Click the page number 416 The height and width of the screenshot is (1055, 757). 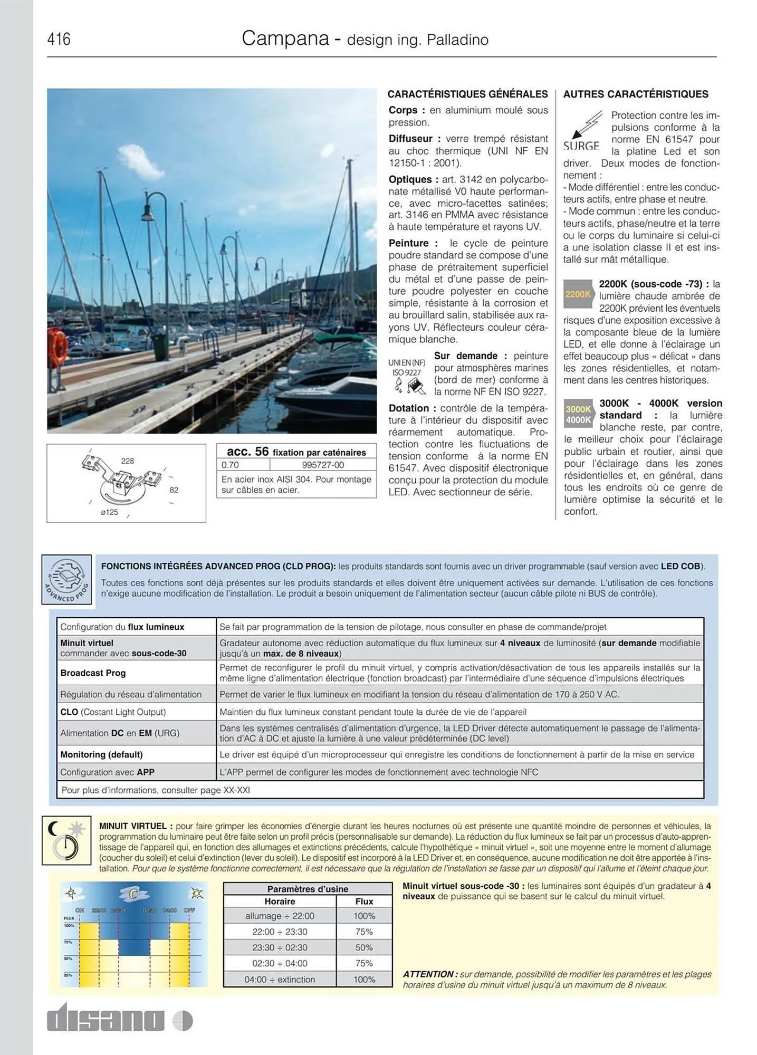pyautogui.click(x=59, y=39)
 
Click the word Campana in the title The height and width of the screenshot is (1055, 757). pyautogui.click(x=285, y=39)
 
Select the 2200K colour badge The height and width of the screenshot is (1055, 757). pyautogui.click(x=578, y=294)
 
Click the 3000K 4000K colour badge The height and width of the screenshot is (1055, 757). pyautogui.click(x=578, y=415)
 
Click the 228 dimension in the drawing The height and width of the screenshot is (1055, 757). pyautogui.click(x=127, y=461)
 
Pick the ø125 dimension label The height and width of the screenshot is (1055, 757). pyautogui.click(x=110, y=512)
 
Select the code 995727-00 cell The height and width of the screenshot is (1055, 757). pyautogui.click(x=323, y=465)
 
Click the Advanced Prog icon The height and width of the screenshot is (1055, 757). pyautogui.click(x=66, y=579)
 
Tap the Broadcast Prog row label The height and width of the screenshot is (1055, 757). pyautogui.click(x=93, y=673)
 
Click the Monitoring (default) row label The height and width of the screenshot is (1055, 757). pyautogui.click(x=101, y=754)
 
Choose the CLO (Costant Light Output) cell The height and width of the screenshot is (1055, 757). pyautogui.click(x=113, y=712)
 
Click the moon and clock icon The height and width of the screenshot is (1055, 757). pyautogui.click(x=66, y=841)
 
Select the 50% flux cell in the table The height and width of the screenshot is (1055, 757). pyautogui.click(x=364, y=947)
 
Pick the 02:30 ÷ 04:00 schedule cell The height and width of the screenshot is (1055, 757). pyautogui.click(x=280, y=963)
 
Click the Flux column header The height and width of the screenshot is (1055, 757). pyautogui.click(x=364, y=901)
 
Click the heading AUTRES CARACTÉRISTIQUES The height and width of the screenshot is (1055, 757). pyautogui.click(x=636, y=94)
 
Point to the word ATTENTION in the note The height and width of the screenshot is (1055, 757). pyautogui.click(x=429, y=974)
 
